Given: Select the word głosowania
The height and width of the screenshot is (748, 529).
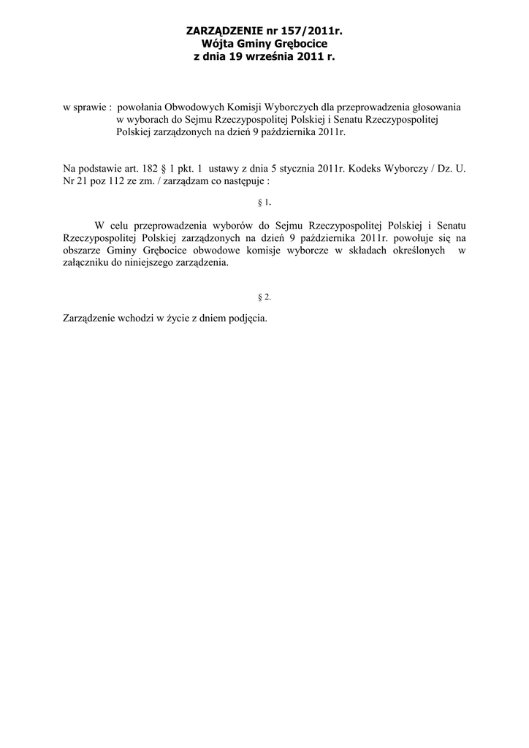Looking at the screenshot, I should coord(435,107).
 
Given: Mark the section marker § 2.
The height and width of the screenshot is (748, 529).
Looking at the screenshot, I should coord(264,297).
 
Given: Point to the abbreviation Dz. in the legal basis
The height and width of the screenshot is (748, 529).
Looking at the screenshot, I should coord(443,169).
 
